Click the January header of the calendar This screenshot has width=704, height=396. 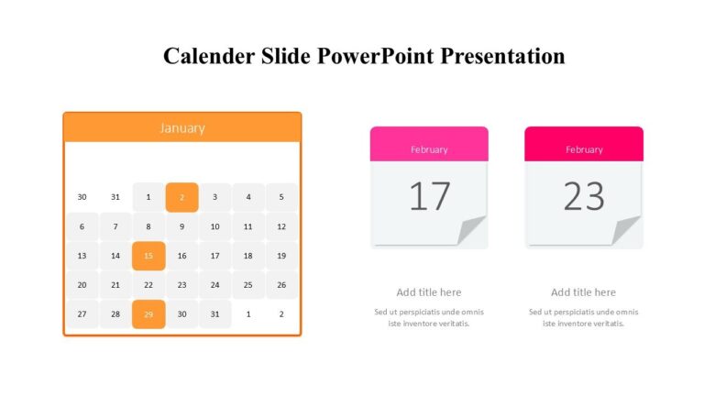pos(181,127)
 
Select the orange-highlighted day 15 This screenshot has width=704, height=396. pos(148,256)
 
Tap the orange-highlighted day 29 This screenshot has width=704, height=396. pos(148,314)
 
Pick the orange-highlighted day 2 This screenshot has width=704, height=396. pos(181,197)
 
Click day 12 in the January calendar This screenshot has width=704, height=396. pos(281,226)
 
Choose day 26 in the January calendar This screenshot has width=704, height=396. pos(281,285)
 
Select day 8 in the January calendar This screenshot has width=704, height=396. pos(148,226)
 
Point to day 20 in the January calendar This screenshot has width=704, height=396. pos(82,285)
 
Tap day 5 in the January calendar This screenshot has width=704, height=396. pos(281,197)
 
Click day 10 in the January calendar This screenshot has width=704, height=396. pos(214,226)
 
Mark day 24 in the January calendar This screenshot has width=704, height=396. pos(214,285)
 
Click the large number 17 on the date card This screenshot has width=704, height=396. pos(428,196)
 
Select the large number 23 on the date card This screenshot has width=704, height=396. pos(583,196)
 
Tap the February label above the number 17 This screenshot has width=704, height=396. pos(429,149)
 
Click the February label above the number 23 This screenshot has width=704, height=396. pos(584,149)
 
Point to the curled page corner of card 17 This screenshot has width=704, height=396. pos(472,231)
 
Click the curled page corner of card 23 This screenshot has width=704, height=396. pos(627,231)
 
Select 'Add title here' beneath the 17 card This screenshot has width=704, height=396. pos(429,292)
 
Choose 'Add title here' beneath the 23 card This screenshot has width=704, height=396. pos(583,292)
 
